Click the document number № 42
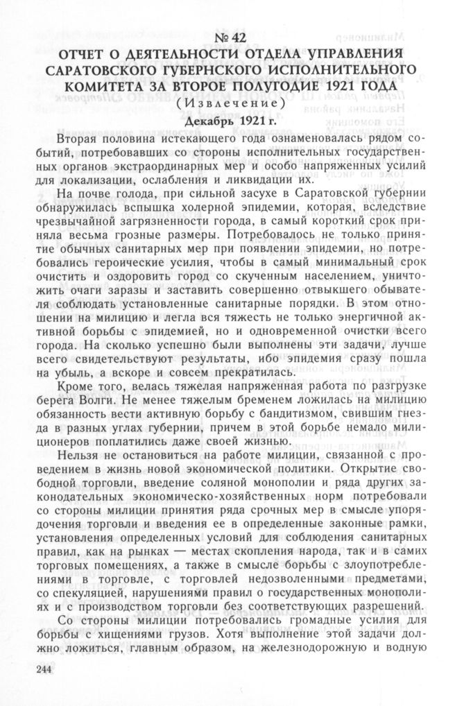tap(226, 40)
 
